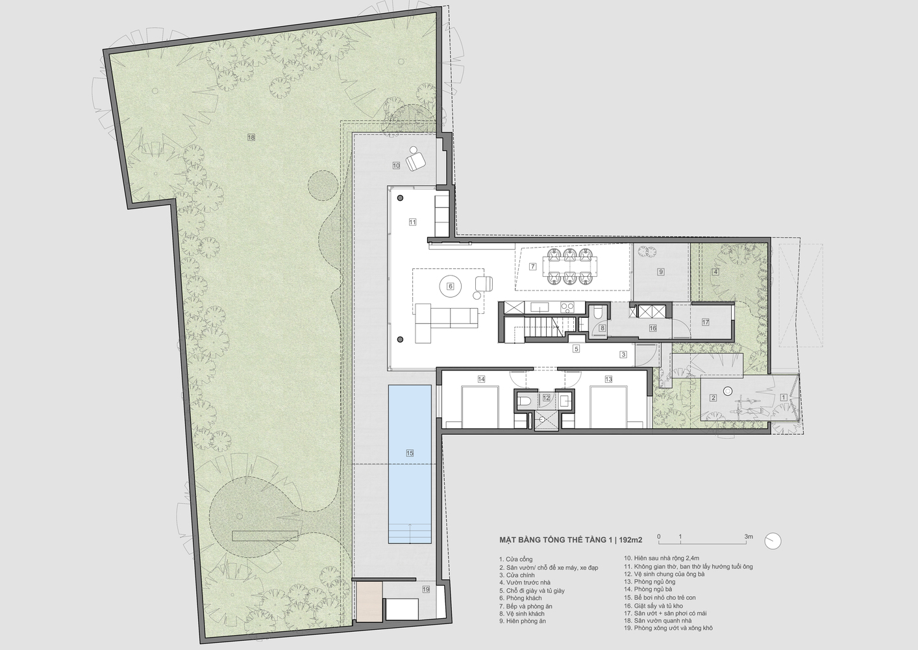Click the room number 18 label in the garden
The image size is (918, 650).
[x=251, y=137]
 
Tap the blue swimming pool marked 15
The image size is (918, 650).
[x=410, y=463]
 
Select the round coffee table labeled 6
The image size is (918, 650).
[x=451, y=286]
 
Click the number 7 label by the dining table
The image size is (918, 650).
[x=533, y=266]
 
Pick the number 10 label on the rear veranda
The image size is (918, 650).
[x=396, y=166]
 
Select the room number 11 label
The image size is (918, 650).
[x=413, y=222]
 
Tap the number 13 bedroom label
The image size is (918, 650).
[x=608, y=379]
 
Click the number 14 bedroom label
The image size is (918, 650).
[x=481, y=379]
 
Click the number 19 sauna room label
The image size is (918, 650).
[x=426, y=590]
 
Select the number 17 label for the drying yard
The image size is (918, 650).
[x=705, y=322]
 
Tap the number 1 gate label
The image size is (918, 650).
[x=784, y=397]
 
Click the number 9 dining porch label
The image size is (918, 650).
[x=661, y=272]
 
